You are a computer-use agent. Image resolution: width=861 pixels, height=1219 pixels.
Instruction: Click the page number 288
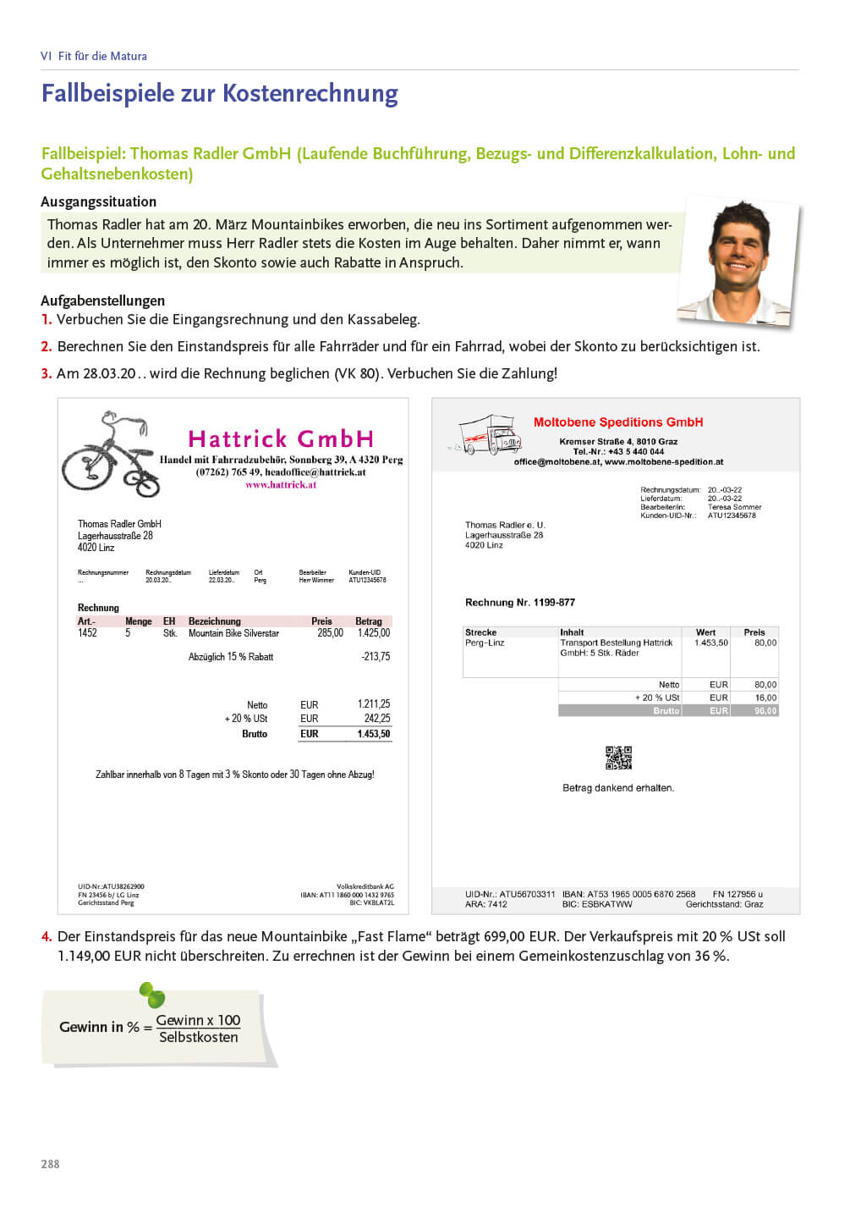tap(50, 1164)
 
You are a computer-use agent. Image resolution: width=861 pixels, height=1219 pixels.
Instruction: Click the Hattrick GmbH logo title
tap(281, 439)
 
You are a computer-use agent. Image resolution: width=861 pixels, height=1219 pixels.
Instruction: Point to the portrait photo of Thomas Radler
tap(739, 260)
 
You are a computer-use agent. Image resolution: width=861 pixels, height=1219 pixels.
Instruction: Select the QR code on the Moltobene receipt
tap(618, 758)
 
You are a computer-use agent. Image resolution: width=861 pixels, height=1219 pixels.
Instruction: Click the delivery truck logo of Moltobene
tap(487, 435)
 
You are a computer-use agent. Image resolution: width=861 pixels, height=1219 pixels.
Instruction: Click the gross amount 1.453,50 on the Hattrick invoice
tap(373, 734)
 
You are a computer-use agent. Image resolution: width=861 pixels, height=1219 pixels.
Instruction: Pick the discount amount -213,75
tap(376, 657)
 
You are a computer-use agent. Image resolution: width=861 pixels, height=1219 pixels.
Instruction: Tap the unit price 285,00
tap(330, 633)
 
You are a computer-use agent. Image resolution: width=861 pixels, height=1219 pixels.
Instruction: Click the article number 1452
tap(87, 633)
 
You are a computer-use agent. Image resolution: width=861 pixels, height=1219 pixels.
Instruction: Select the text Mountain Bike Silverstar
tap(233, 633)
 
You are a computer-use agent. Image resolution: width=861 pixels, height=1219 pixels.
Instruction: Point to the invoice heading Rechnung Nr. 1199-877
tap(520, 603)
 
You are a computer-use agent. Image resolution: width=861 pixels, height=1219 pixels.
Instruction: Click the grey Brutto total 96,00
tap(765, 711)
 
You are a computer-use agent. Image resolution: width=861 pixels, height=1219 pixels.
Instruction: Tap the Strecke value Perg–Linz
tap(485, 643)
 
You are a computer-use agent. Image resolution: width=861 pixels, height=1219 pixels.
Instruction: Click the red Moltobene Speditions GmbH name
tap(618, 422)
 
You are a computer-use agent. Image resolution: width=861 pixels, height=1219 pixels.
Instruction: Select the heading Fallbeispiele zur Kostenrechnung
tap(220, 93)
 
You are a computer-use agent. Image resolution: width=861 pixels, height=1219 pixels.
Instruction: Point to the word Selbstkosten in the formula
tap(199, 1038)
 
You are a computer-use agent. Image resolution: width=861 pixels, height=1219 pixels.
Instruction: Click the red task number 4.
tap(47, 937)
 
